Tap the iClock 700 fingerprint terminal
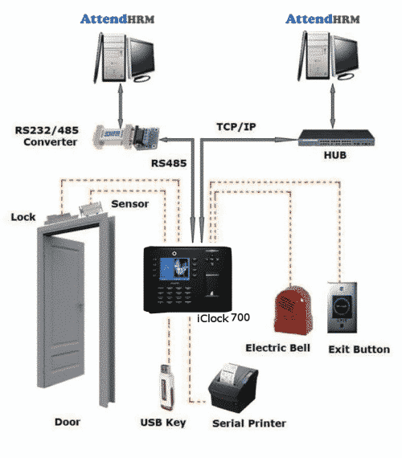(x=185, y=278)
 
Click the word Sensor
(x=129, y=205)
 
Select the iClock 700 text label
(x=223, y=317)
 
